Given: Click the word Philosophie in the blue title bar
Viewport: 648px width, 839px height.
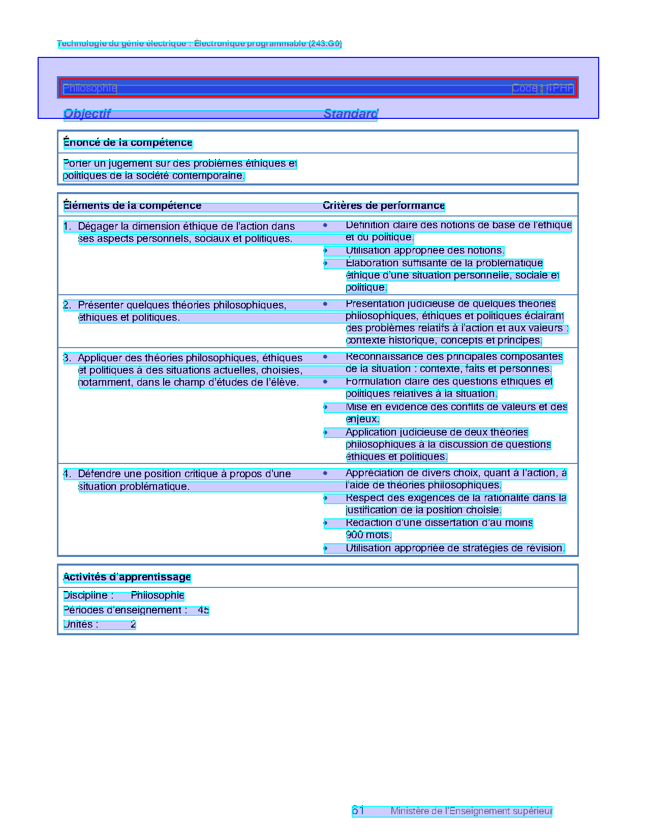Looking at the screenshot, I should point(90,88).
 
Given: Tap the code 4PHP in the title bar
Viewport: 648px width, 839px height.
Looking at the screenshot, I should point(560,88).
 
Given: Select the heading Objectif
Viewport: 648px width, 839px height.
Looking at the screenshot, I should point(87,114).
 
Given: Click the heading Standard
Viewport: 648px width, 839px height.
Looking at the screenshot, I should point(351,114).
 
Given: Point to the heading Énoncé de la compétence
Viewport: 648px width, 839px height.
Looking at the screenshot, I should point(128,143).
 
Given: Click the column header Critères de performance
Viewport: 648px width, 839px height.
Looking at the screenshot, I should point(384,206).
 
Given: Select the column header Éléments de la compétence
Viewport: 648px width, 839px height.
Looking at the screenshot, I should point(132,206).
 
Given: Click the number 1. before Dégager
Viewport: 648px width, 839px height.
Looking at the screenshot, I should point(67,227).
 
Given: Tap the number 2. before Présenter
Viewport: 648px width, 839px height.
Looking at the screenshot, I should point(67,305).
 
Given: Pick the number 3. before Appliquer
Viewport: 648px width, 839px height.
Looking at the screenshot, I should point(67,358).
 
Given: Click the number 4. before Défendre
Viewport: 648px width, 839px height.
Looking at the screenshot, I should point(67,474).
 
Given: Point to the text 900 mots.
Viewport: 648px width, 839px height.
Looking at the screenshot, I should point(368,535).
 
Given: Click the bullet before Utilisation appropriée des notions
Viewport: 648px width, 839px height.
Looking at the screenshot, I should point(326,251).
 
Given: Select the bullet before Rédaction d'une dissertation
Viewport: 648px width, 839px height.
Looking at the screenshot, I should point(326,523).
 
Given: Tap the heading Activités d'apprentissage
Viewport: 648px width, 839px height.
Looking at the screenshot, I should point(127,577).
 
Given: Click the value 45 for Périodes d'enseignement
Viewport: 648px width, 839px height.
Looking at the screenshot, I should point(203,610).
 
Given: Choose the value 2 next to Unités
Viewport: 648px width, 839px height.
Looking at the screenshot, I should point(133,625).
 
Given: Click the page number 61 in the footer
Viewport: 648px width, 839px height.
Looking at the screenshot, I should point(358,811).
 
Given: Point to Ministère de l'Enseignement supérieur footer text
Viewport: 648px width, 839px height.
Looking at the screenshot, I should point(471,811).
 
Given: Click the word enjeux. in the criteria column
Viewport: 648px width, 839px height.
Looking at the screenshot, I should point(362,419).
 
